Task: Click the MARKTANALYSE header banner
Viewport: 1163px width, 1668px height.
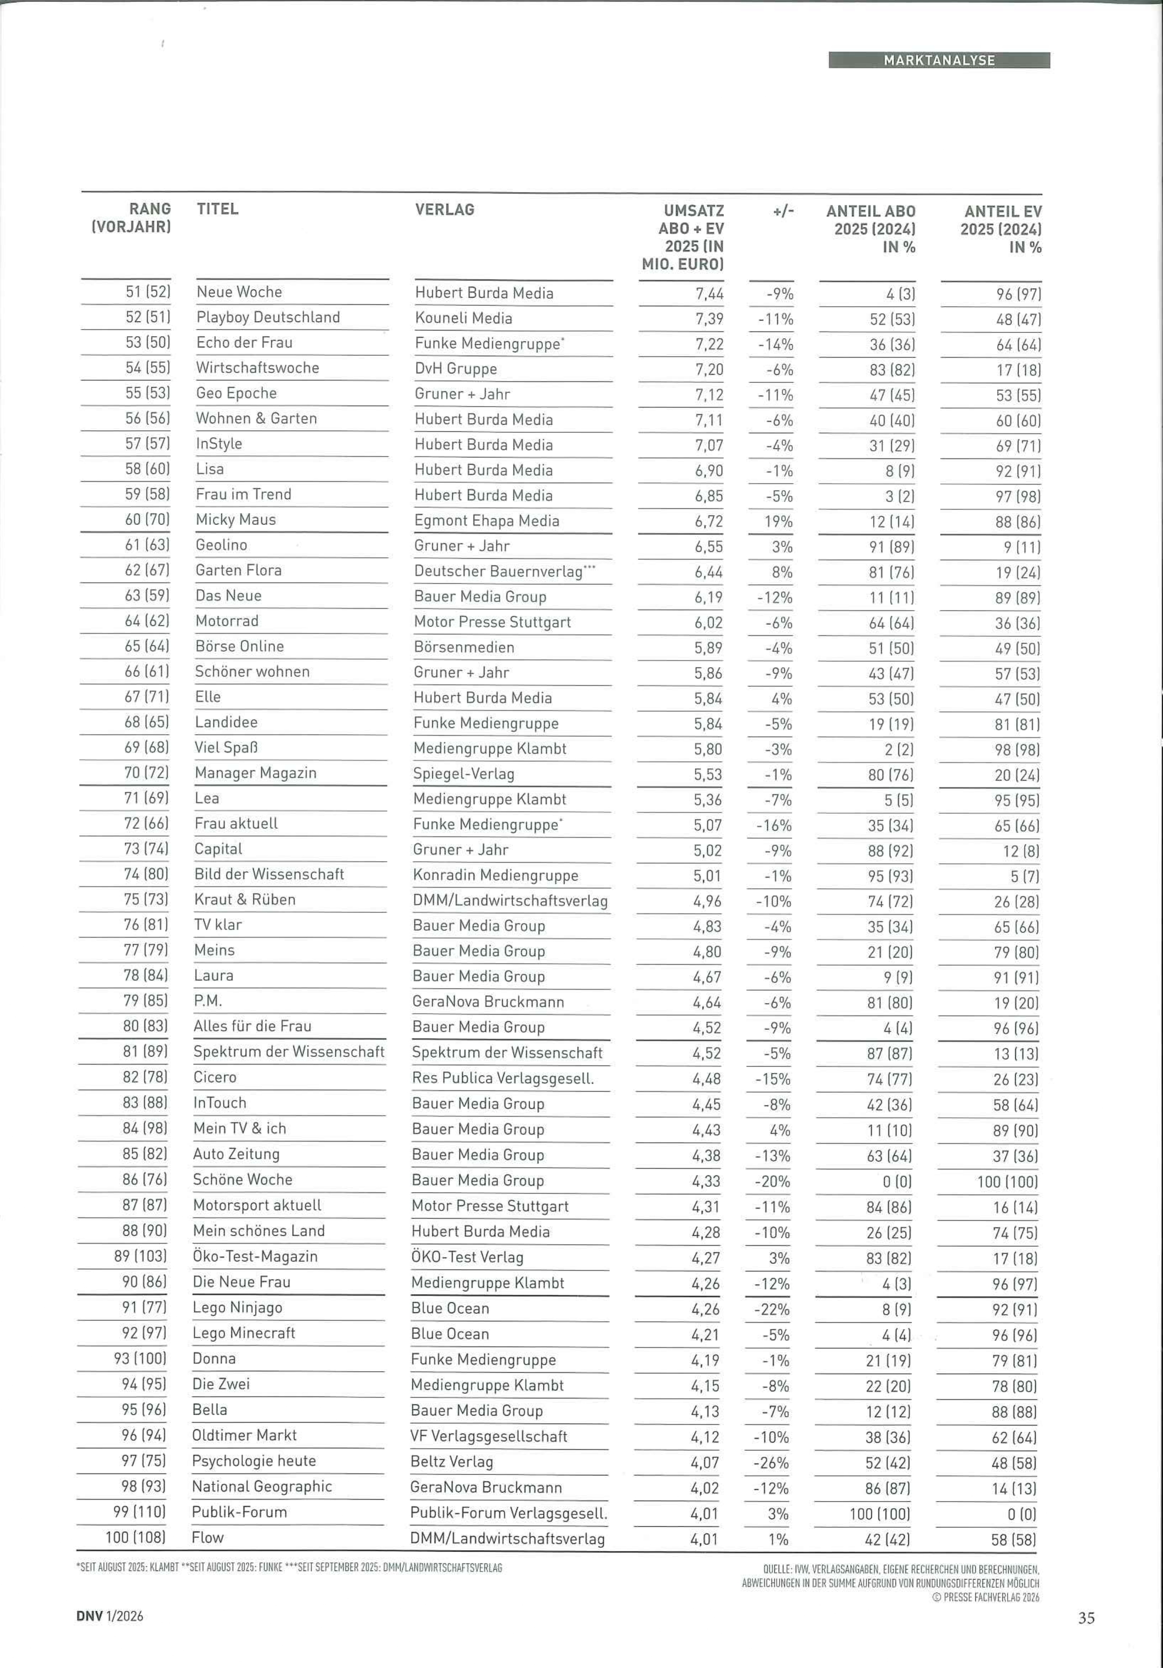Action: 939,60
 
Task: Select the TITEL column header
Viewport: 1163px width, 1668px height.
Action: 217,209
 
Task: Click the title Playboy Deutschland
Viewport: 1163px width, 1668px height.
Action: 268,318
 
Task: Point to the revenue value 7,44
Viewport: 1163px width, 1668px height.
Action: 708,293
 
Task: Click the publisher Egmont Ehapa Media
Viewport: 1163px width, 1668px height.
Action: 486,521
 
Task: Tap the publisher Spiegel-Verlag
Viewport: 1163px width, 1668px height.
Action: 463,774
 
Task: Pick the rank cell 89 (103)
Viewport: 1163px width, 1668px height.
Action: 140,1256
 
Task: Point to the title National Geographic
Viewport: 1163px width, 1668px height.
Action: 261,1486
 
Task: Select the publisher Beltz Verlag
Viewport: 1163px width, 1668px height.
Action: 451,1462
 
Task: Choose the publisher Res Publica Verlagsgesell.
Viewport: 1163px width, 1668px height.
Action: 502,1078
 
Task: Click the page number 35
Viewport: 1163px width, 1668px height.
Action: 1086,1618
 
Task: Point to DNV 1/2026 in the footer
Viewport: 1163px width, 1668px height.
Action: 110,1617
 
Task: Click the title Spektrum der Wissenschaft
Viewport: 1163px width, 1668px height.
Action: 288,1052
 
